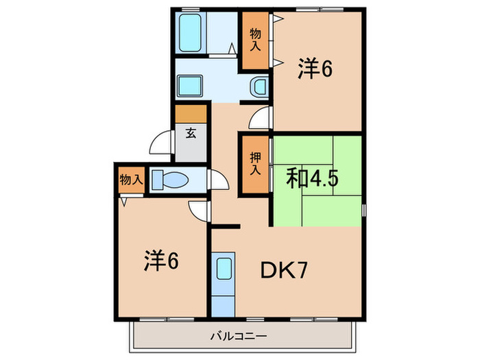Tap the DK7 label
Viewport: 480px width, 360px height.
click(283, 272)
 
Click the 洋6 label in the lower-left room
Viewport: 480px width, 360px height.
click(161, 261)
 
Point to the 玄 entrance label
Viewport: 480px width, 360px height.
click(191, 134)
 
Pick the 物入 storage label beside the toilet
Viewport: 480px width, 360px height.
click(130, 180)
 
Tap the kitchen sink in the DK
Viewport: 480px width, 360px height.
click(224, 267)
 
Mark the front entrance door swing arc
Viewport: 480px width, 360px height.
click(161, 142)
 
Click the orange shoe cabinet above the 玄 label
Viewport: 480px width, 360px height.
click(191, 114)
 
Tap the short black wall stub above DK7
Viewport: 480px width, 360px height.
click(225, 226)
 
